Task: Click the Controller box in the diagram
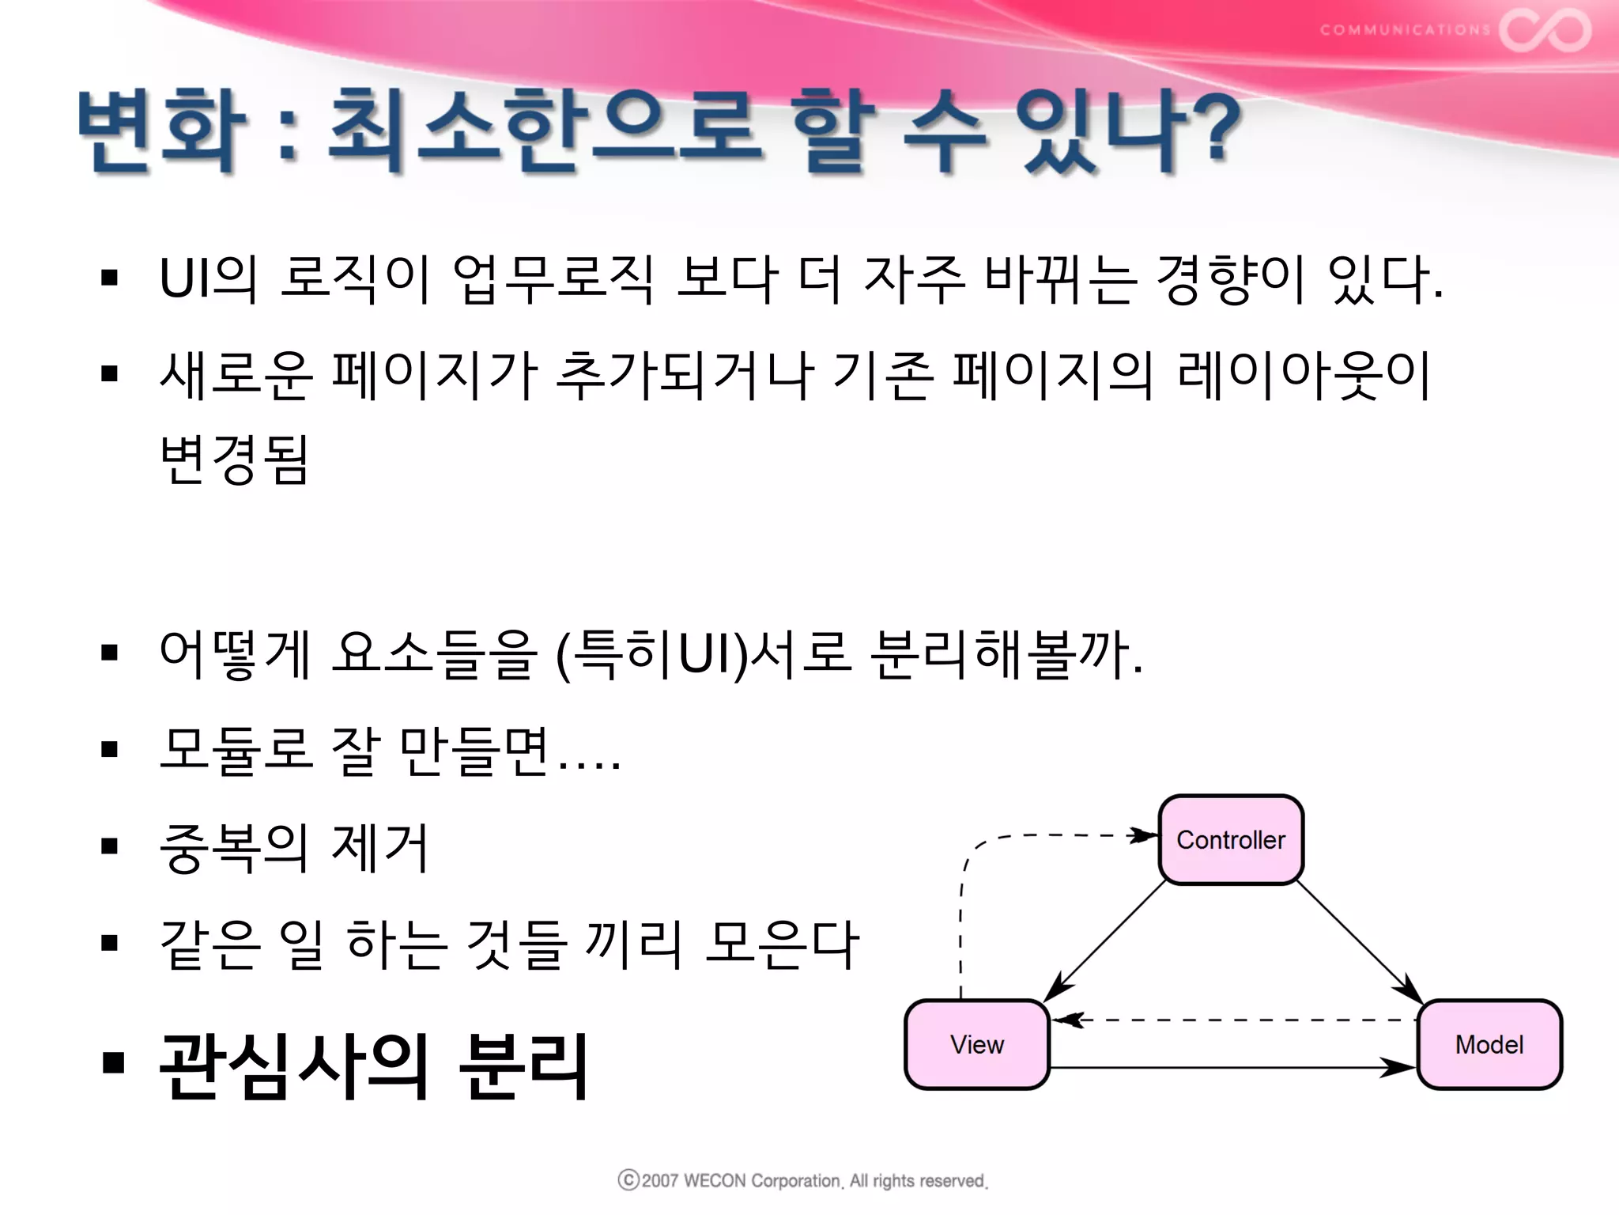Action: [x=1231, y=839]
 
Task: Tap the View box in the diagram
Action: [x=977, y=1044]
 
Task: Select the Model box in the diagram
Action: [x=1489, y=1044]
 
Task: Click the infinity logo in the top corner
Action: [x=1545, y=30]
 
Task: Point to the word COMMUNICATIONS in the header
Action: [x=1405, y=30]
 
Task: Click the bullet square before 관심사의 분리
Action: [x=113, y=1063]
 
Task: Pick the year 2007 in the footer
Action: [x=660, y=1181]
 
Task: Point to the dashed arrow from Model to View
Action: [x=1233, y=1020]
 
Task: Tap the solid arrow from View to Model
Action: [x=1233, y=1068]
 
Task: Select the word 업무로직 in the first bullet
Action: [x=553, y=279]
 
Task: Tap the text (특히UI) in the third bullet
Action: [x=651, y=655]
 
